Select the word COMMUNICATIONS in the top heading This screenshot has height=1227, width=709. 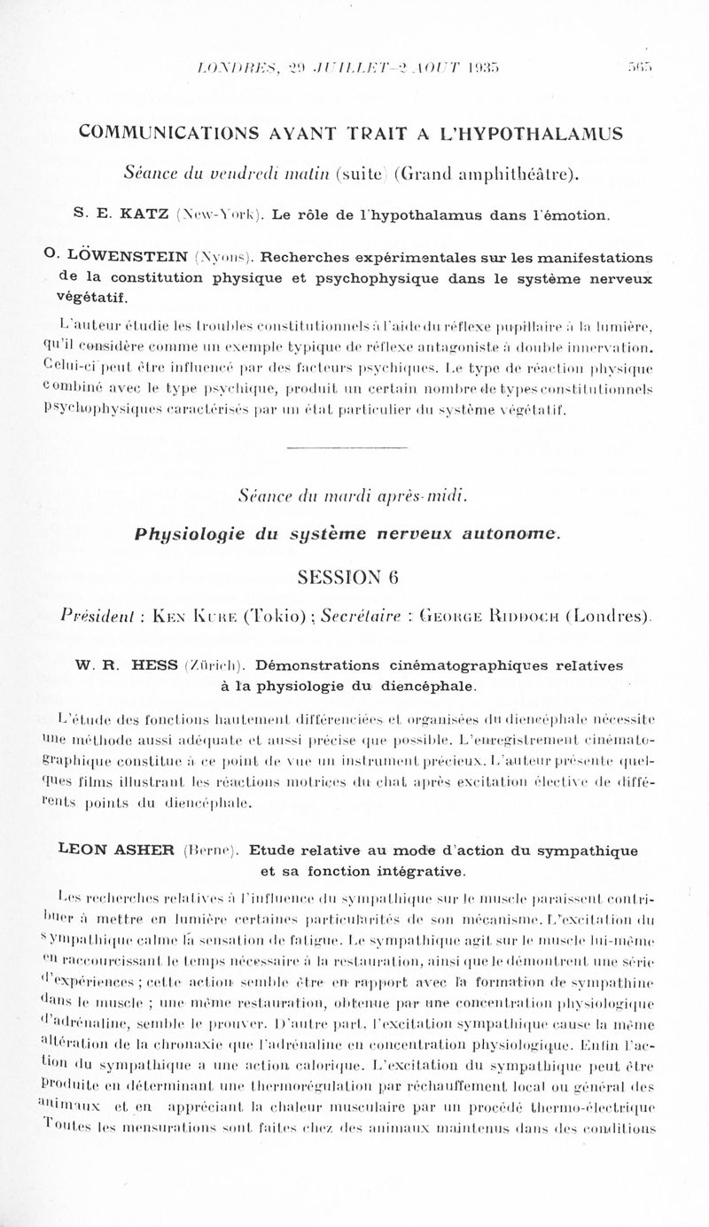click(x=171, y=134)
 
